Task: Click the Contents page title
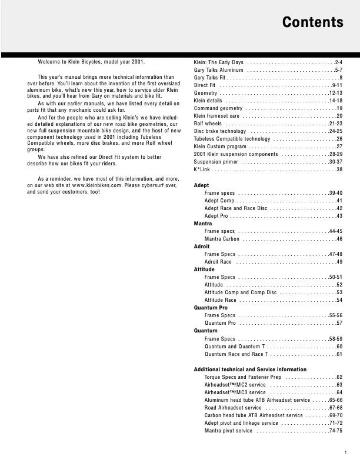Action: pyautogui.click(x=312, y=23)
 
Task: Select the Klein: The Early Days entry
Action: pyautogui.click(x=218, y=62)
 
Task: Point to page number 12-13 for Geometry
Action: pyautogui.click(x=336, y=93)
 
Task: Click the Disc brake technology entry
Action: pyautogui.click(x=220, y=131)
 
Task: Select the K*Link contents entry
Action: pyautogui.click(x=202, y=169)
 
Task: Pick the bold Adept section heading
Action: pyautogui.click(x=201, y=185)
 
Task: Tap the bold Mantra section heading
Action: pyautogui.click(x=203, y=224)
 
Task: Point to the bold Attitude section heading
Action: pyautogui.click(x=204, y=269)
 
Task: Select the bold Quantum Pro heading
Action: pyautogui.click(x=211, y=308)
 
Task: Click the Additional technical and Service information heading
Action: pyautogui.click(x=250, y=370)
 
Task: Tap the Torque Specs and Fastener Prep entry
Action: pyautogui.click(x=243, y=377)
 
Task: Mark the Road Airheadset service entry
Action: pyautogui.click(x=233, y=408)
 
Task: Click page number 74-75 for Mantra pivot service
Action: pyautogui.click(x=336, y=431)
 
